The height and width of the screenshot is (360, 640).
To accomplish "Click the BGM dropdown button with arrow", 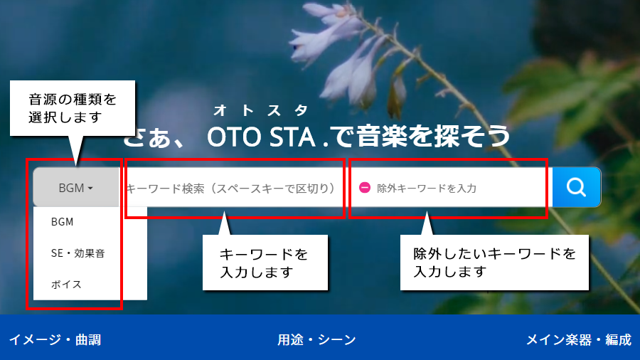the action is [76, 187].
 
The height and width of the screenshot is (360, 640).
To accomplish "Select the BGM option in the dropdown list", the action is [62, 222].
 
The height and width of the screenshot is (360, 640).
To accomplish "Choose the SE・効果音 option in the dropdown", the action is [78, 253].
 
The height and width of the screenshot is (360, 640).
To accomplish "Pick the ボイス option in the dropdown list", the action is [66, 284].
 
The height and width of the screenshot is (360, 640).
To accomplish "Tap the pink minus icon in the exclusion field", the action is [365, 187].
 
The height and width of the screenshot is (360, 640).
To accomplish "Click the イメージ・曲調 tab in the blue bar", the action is [55, 339].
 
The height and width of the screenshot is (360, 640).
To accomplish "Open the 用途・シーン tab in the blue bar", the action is [316, 339].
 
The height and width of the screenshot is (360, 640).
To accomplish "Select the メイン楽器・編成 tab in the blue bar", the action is [579, 339].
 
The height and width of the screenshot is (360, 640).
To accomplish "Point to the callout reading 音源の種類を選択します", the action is [73, 108].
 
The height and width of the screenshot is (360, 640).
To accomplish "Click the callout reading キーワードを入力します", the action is [265, 263].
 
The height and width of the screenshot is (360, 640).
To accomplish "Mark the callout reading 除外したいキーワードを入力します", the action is [494, 263].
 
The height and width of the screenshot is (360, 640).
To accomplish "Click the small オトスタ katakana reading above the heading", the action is [261, 110].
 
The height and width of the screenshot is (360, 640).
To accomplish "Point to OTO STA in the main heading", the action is [261, 137].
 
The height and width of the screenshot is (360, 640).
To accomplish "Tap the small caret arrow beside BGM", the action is [90, 188].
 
